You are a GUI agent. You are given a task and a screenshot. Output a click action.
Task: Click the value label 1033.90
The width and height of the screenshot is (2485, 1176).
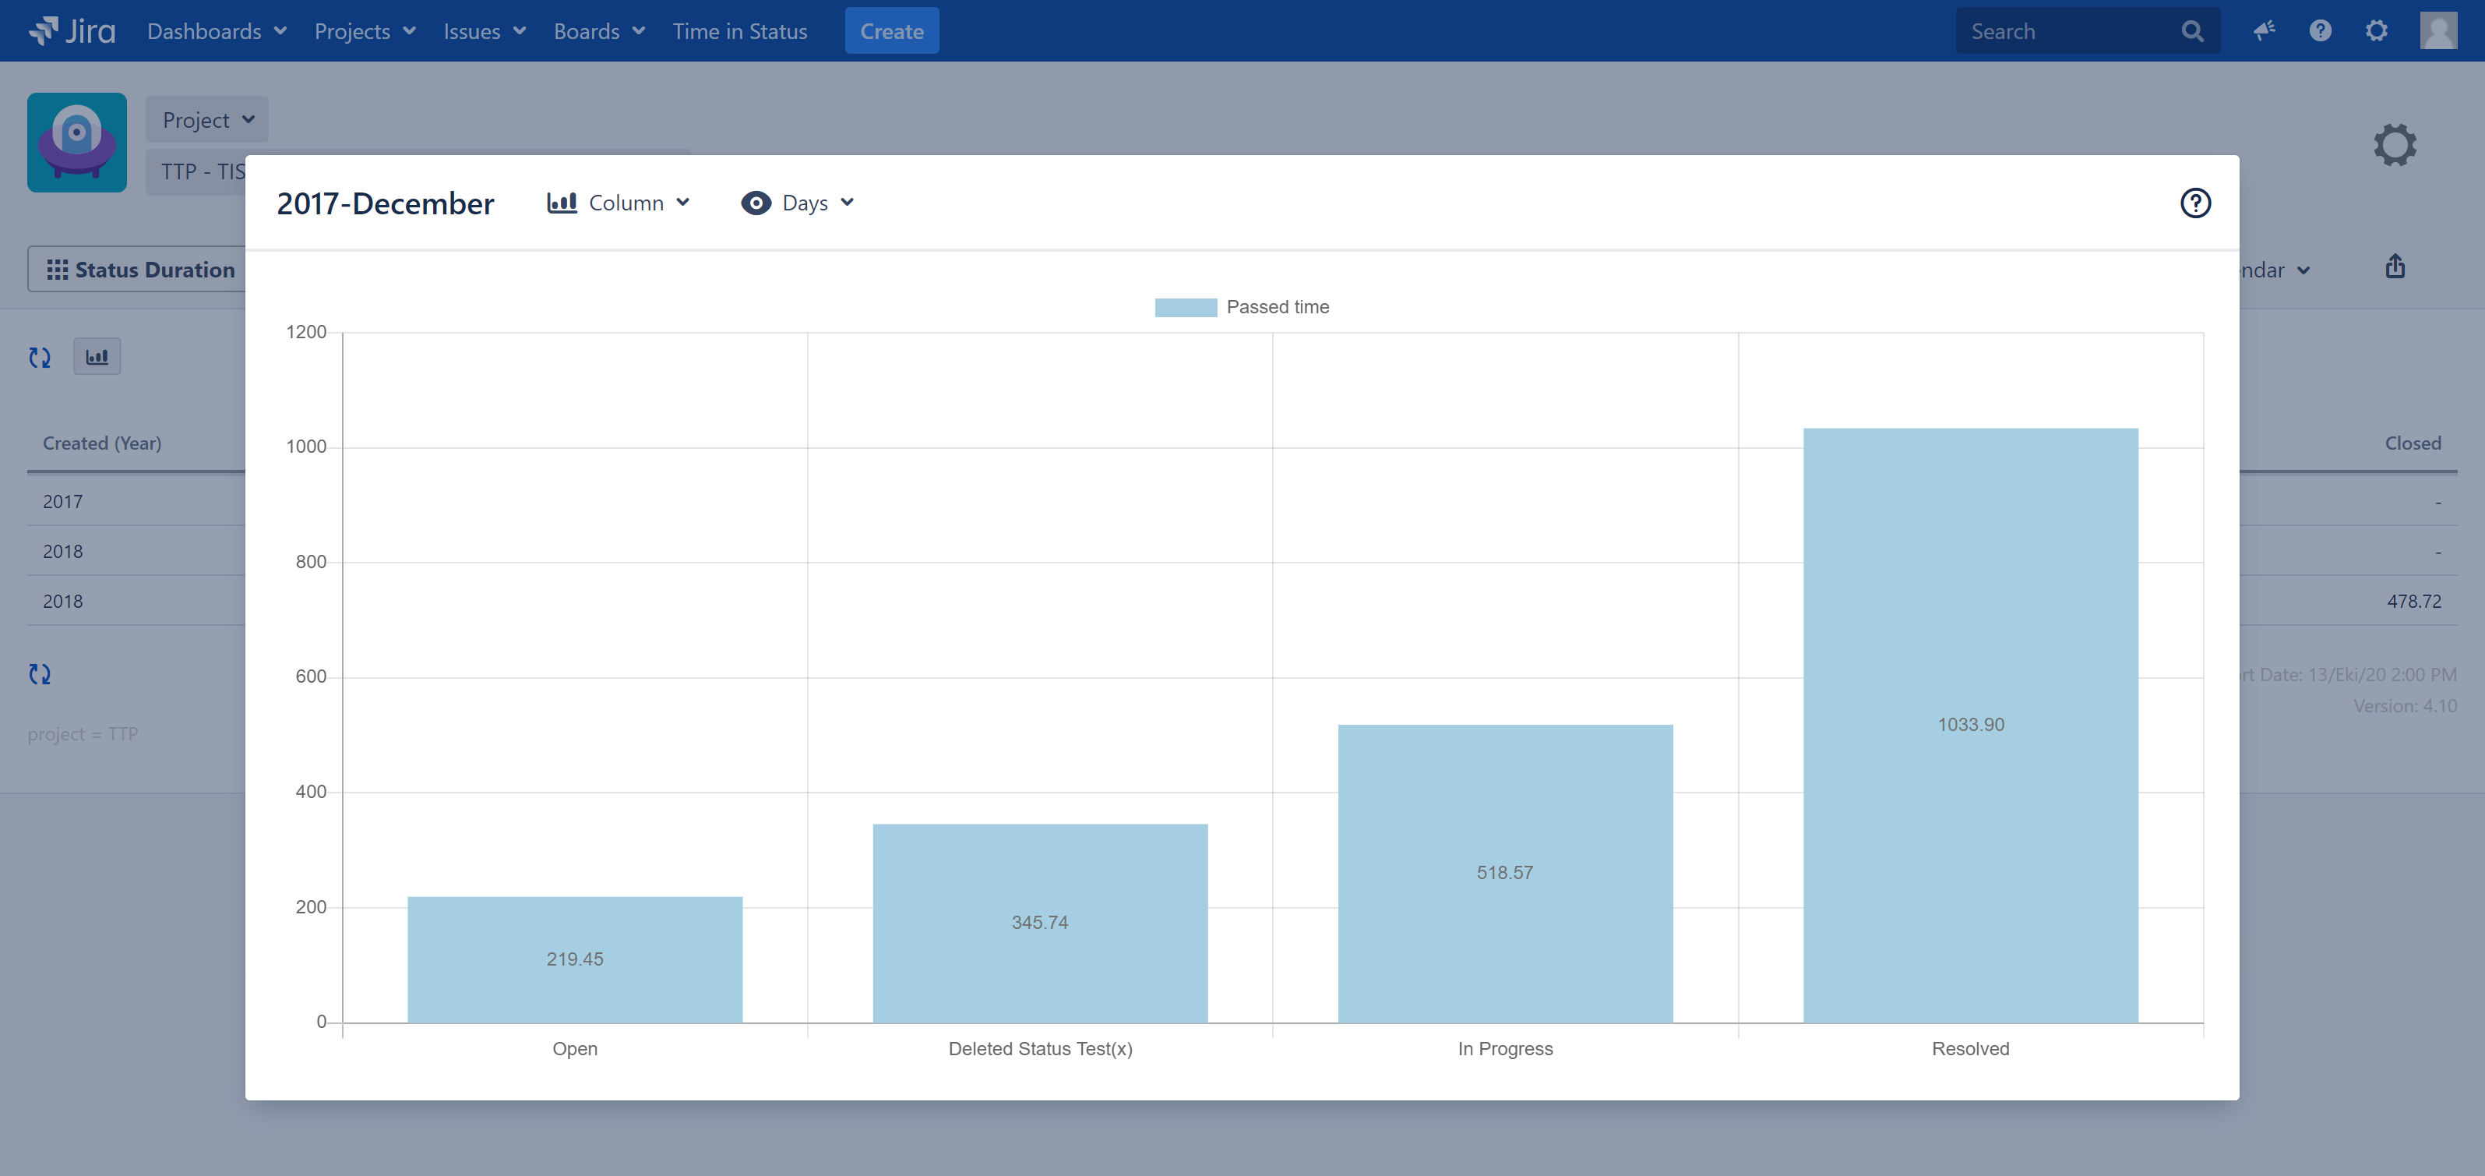1971,725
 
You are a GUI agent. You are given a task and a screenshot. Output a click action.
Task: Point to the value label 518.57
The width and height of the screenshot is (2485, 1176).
1505,873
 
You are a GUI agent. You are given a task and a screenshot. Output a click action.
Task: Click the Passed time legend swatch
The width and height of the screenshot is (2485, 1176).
1186,308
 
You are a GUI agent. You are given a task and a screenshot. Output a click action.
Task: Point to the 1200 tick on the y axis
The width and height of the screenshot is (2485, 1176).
307,332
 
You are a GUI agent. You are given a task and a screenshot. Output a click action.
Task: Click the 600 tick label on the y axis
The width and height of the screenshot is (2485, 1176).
311,676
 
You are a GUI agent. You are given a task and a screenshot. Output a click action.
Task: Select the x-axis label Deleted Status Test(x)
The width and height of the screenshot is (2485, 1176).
1040,1049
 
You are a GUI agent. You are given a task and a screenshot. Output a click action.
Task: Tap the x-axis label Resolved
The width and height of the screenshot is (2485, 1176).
1970,1049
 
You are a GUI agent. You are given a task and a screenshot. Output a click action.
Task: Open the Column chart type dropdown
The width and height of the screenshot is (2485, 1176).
619,203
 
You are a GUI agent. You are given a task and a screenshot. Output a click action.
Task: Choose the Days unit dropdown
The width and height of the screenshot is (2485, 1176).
798,203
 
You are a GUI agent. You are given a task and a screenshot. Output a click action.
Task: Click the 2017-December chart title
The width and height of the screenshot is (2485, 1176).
385,203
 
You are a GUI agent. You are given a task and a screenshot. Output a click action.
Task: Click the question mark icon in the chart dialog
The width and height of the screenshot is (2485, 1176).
2195,203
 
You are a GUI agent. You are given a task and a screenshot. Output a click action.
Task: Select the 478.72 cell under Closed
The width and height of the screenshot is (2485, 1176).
2413,601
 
